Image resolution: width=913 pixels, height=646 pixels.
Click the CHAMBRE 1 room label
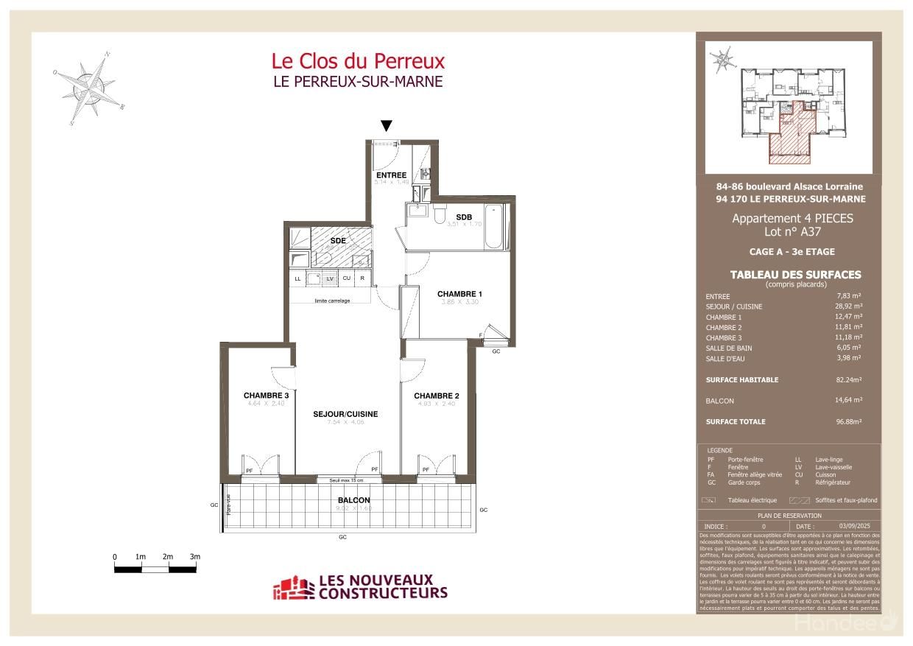tap(460, 294)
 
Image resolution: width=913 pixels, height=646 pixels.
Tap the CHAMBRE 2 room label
tap(436, 396)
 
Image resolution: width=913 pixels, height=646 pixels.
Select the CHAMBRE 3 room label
tap(266, 396)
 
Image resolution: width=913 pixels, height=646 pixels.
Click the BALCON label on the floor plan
tap(345, 500)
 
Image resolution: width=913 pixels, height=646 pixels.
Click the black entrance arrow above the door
tap(386, 126)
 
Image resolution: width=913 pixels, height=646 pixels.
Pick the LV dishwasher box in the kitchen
tap(331, 278)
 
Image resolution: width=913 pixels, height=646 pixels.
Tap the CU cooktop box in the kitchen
tap(346, 278)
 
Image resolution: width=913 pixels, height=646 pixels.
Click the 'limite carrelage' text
tap(332, 301)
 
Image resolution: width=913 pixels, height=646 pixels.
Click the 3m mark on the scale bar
tap(194, 557)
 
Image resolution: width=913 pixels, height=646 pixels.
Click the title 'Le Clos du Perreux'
tap(358, 60)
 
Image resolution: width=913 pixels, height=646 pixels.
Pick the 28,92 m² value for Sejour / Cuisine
tap(848, 306)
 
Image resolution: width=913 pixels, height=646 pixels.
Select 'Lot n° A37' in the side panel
tap(792, 231)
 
